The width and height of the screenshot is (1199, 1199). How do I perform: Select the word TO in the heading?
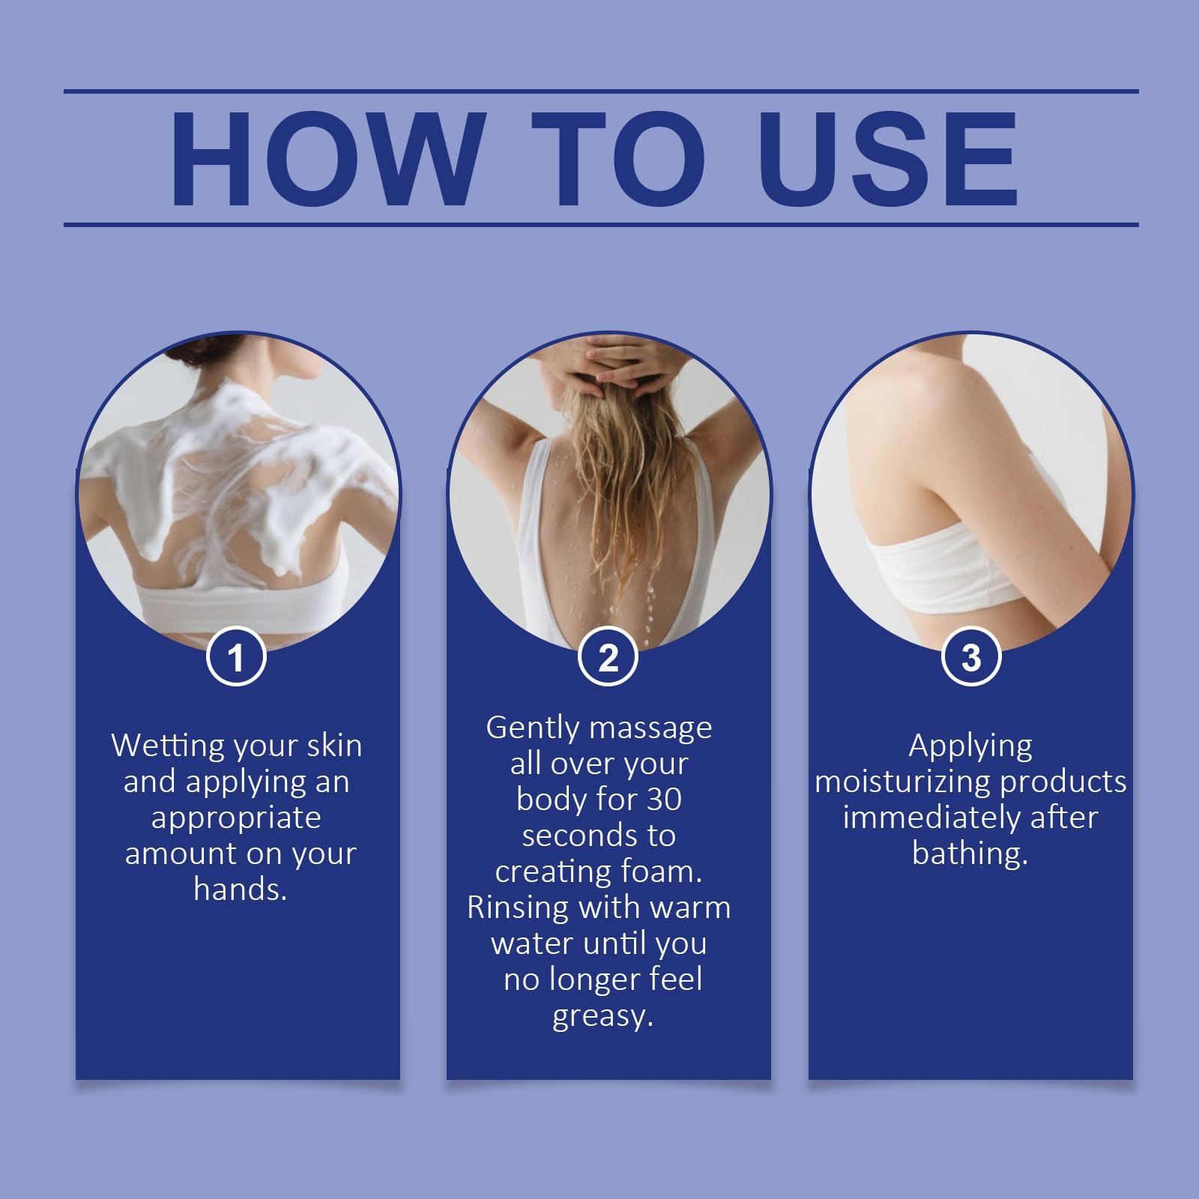tap(619, 158)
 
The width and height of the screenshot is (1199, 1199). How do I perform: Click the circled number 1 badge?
tap(236, 657)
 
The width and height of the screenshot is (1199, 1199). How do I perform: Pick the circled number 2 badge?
tap(608, 657)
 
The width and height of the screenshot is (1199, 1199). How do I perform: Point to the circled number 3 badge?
tap(970, 657)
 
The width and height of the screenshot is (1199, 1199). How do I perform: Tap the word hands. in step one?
tap(241, 889)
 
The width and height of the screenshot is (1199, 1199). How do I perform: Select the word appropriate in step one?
tap(236, 818)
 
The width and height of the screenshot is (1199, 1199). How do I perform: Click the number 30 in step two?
tap(664, 800)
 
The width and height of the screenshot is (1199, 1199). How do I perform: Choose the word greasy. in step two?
tap(603, 1017)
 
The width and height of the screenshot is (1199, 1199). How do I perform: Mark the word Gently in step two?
tap(532, 728)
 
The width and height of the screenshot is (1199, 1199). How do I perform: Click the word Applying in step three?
tap(970, 746)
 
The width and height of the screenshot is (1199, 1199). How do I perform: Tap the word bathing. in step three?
tap(970, 854)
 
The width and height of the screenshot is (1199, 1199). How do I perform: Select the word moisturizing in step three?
tap(902, 782)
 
